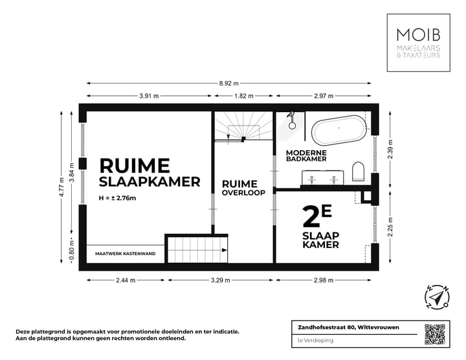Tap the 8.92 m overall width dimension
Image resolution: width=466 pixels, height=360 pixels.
pos(227,84)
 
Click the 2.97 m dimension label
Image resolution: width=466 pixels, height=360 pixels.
pos(323,96)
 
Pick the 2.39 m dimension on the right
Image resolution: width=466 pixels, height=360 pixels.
pos(390,149)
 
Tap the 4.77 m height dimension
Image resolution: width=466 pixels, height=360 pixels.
pos(63,188)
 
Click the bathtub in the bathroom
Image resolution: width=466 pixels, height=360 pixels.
pos(338,131)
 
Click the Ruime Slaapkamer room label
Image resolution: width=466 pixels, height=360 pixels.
pos(149,173)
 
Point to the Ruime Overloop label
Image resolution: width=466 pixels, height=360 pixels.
pos(243,188)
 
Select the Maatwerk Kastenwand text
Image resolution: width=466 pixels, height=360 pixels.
pos(125,254)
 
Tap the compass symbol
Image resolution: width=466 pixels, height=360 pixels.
pos(437,297)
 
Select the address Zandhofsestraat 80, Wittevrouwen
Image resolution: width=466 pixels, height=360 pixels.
pos(344,327)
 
